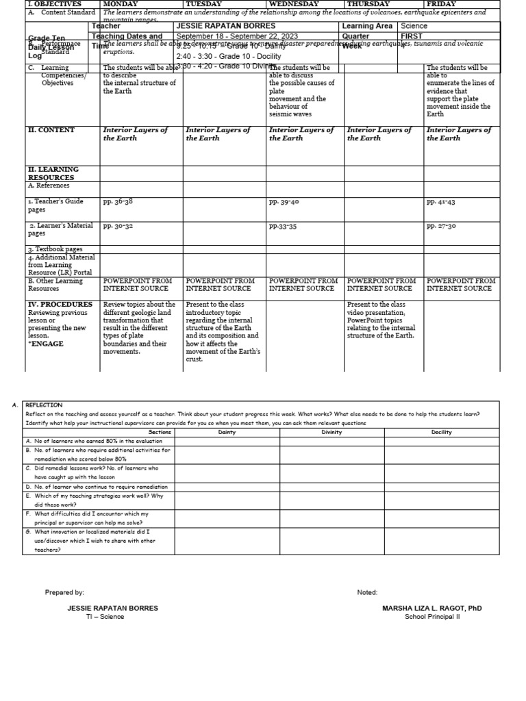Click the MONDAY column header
tap(120, 4)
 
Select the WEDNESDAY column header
tap(293, 4)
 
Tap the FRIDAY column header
tap(441, 4)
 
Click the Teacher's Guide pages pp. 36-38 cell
tap(118, 203)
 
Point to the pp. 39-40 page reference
tap(284, 203)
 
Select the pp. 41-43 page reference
tap(441, 203)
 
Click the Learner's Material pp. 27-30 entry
tap(441, 226)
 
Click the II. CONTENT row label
tap(51, 130)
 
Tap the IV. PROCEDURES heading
tap(60, 305)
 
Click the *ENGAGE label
tap(46, 344)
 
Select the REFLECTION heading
tap(44, 405)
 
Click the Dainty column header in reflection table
tap(227, 433)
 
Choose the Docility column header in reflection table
tap(441, 433)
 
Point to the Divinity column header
tap(331, 433)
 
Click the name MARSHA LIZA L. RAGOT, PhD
tap(431, 608)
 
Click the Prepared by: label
tap(64, 592)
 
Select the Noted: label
tap(367, 592)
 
